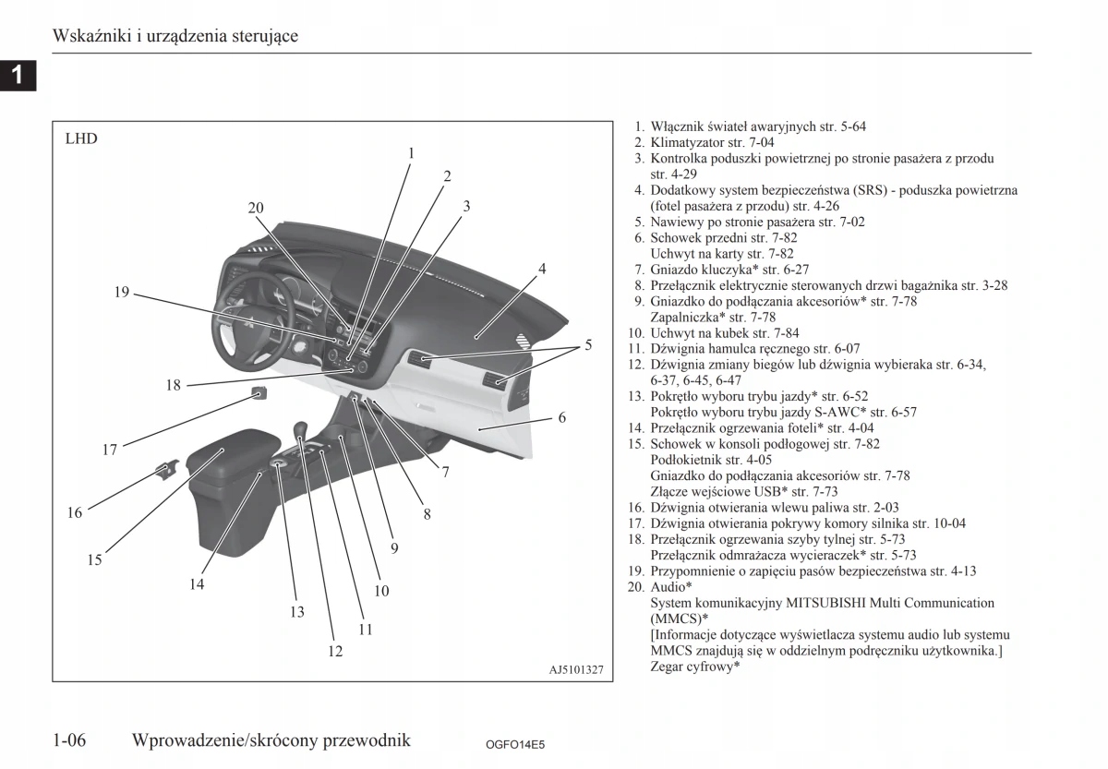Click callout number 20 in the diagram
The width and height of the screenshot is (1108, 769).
point(256,209)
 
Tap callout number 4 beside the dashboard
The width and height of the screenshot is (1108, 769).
point(543,270)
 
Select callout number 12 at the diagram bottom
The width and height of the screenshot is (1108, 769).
point(335,652)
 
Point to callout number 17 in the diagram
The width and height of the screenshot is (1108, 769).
point(110,451)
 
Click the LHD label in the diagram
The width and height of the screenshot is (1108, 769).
point(81,139)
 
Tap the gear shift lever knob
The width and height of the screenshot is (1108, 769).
point(300,429)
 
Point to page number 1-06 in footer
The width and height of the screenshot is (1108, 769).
point(70,739)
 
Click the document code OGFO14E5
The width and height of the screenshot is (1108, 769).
point(515,744)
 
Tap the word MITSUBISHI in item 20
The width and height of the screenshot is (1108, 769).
point(827,603)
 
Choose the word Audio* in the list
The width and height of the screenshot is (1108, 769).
point(670,587)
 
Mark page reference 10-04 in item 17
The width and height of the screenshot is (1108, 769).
point(947,523)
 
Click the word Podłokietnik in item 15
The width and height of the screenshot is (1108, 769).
point(686,460)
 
